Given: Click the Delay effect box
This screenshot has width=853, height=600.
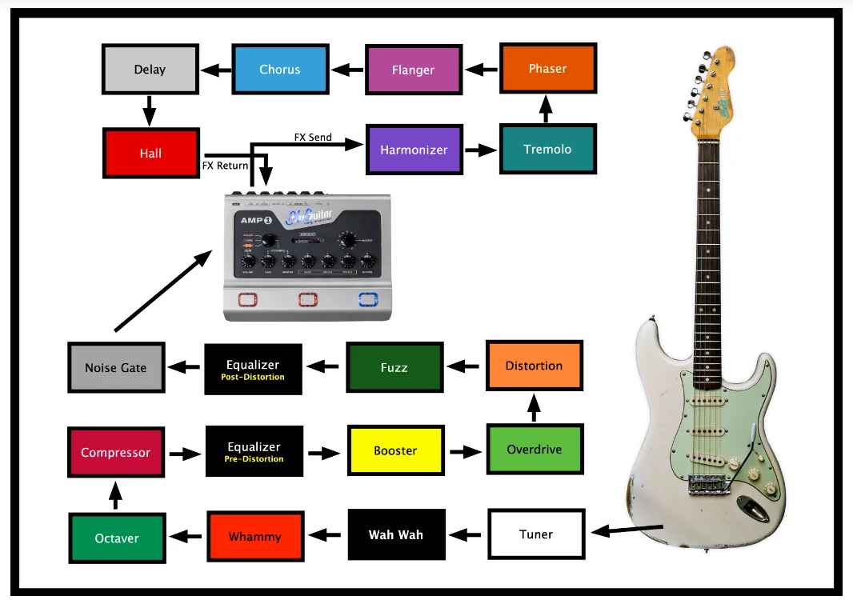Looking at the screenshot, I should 150,70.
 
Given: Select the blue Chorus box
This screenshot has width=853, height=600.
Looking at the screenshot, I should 279,70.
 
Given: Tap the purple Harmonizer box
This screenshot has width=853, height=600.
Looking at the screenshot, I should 414,150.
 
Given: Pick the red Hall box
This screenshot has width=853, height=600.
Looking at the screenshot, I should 150,153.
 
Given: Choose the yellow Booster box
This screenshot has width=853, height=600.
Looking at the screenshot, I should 395,450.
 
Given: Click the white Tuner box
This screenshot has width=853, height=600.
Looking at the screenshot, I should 536,534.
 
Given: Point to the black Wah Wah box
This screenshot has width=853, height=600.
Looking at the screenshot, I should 396,534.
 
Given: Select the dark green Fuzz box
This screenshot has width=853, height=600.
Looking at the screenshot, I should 394,368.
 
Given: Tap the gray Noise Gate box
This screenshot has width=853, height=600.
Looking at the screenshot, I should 116,368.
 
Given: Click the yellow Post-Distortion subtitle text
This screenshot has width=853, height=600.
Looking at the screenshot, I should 253,377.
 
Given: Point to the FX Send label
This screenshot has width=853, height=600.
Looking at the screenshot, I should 313,138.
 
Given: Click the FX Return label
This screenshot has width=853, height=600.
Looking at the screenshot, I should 225,166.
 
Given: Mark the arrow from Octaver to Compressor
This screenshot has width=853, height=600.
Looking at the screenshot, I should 115,495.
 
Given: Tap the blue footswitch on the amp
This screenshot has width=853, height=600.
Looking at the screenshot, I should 367,300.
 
